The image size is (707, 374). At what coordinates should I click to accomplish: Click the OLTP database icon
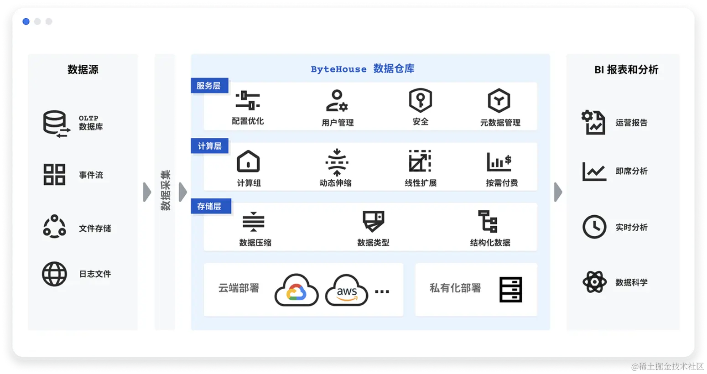[x=56, y=123]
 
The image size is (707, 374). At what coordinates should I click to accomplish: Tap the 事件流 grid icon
[x=54, y=175]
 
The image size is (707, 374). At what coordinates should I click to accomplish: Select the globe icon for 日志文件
[x=54, y=274]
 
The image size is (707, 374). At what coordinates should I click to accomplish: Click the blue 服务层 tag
[x=209, y=86]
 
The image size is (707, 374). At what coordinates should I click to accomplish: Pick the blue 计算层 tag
[x=209, y=146]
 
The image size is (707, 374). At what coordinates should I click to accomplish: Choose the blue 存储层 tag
[x=209, y=206]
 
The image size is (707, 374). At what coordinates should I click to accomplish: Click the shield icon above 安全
[x=420, y=100]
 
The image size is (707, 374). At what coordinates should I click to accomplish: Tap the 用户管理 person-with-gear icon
[x=337, y=101]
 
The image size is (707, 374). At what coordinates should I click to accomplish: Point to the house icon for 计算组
[x=248, y=161]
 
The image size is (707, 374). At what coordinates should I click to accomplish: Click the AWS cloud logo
[x=347, y=290]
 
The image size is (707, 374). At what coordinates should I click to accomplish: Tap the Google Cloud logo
[x=296, y=290]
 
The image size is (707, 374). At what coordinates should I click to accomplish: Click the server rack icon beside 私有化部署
[x=510, y=289]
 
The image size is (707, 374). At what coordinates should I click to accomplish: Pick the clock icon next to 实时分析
[x=594, y=227]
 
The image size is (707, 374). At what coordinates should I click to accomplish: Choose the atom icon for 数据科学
[x=594, y=282]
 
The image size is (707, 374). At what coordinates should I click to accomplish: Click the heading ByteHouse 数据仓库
[x=363, y=69]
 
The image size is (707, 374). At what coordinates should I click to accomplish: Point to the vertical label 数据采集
[x=165, y=190]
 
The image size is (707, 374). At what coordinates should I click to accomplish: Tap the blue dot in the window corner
[x=26, y=21]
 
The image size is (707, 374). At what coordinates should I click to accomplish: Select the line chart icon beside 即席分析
[x=594, y=171]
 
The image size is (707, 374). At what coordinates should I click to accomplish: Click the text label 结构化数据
[x=490, y=243]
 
